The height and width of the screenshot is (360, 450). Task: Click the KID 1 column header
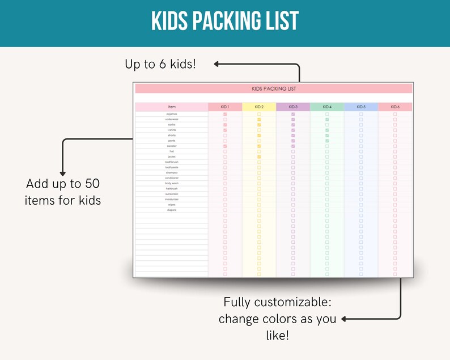[x=225, y=107]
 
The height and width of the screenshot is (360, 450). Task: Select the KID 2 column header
[x=259, y=107]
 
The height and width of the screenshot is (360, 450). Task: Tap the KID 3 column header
[x=293, y=107]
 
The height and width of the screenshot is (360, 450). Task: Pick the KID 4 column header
[x=327, y=107]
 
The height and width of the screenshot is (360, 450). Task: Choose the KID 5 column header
[x=361, y=107]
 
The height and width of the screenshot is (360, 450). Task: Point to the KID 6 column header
[x=395, y=107]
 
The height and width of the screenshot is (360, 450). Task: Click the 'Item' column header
[x=172, y=107]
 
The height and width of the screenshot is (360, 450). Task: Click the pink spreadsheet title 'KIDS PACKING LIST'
[x=273, y=88]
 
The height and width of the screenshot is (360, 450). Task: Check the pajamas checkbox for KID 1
[x=225, y=114]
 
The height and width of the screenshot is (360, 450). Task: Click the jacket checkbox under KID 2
[x=259, y=156]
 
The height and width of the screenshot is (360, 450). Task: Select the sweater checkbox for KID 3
[x=293, y=146]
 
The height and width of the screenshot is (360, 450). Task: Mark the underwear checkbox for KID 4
[x=327, y=120]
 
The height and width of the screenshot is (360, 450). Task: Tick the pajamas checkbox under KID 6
[x=395, y=114]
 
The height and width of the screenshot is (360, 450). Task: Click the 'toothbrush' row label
[x=172, y=162]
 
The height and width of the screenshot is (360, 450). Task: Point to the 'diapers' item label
[x=172, y=210]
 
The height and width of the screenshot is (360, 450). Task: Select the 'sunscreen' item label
[x=172, y=194]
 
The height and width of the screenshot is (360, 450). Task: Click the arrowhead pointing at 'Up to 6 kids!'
[x=217, y=64]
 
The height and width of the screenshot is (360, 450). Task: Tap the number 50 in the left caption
[x=92, y=184]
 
